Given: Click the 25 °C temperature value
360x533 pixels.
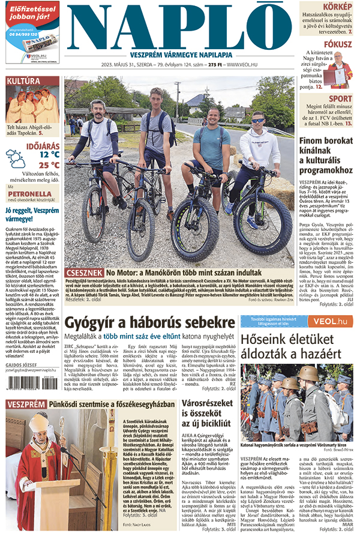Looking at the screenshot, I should tap(49, 164).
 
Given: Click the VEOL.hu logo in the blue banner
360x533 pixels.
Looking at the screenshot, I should tap(327, 322).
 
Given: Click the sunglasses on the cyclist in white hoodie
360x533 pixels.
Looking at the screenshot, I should tap(257, 120).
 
